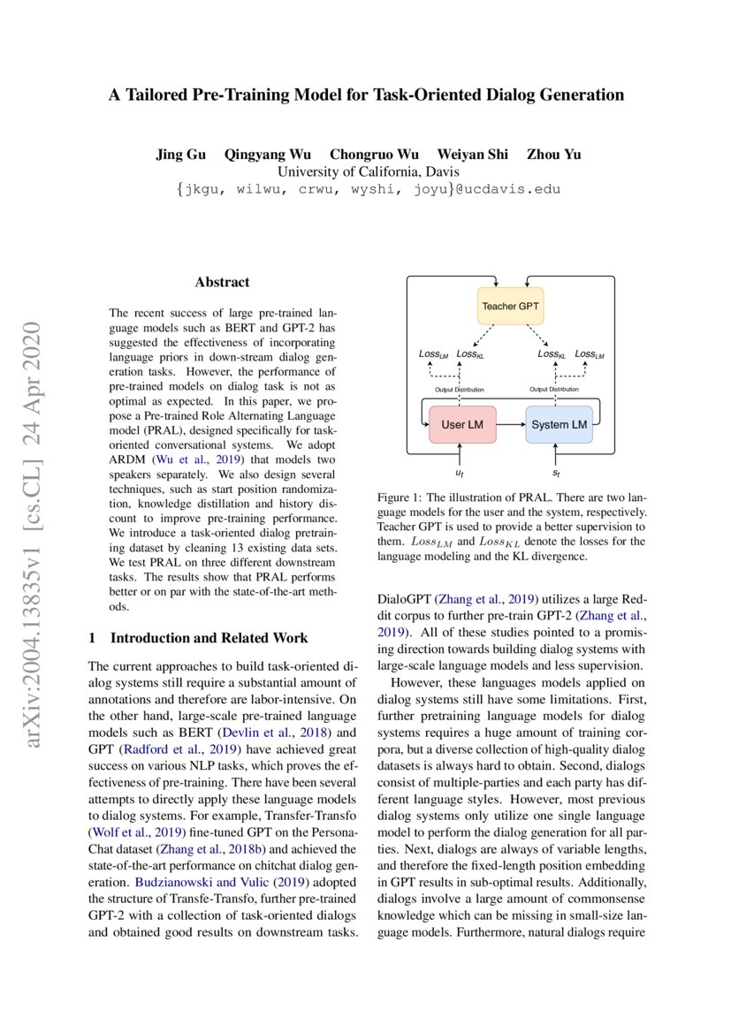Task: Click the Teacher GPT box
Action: (x=510, y=307)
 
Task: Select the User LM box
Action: (x=462, y=425)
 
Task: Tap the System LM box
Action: (x=559, y=425)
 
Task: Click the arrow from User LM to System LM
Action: (x=511, y=425)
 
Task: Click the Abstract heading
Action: (x=222, y=283)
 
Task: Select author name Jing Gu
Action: (x=180, y=155)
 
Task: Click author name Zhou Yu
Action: (x=554, y=155)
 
